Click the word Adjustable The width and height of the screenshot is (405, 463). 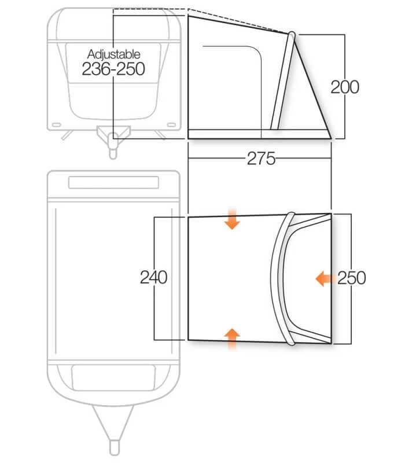[113, 54]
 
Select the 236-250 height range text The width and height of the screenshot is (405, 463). [113, 69]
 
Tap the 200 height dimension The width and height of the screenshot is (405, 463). [345, 87]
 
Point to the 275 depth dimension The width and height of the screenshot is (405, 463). [261, 159]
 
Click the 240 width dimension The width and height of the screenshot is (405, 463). [153, 277]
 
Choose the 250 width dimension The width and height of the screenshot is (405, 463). [352, 278]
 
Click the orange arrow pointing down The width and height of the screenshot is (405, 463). [232, 219]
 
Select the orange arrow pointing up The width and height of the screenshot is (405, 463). [232, 339]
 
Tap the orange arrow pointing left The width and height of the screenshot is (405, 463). [324, 278]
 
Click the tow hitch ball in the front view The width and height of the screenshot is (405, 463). [113, 137]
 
